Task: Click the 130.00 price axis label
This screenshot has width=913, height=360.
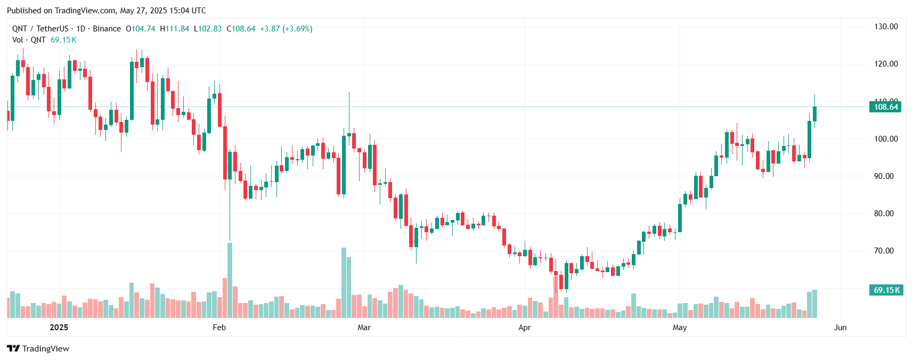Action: point(886,27)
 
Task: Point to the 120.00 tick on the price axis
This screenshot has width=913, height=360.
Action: point(886,64)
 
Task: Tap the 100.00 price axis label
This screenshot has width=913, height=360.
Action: point(886,139)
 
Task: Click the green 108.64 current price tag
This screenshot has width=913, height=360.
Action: point(886,107)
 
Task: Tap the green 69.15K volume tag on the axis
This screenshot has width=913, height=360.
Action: point(886,290)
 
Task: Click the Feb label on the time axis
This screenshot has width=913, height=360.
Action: point(219,328)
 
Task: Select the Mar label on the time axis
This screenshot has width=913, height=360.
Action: point(364,328)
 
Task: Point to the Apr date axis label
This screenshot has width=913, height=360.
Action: point(524,328)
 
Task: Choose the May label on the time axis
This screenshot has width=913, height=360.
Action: point(679,328)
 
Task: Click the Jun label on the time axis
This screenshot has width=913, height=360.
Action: point(840,328)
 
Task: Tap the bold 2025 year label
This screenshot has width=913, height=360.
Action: point(59,328)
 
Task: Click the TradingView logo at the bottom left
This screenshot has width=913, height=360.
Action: point(38,349)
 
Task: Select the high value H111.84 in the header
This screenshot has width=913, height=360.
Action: point(175,29)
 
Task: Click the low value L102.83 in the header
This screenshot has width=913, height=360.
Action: point(208,29)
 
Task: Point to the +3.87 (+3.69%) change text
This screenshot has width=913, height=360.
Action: point(286,29)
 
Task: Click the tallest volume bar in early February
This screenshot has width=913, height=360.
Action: point(230,280)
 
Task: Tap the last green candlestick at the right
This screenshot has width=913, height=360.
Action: point(814,114)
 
